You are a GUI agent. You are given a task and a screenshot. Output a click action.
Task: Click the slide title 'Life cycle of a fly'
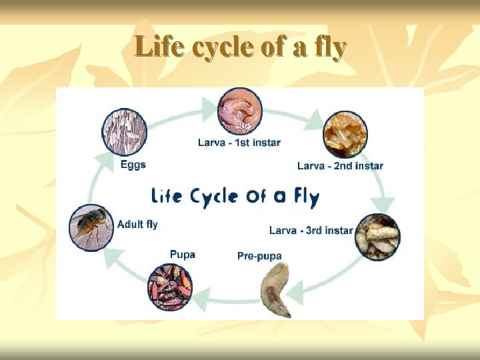pos(240,48)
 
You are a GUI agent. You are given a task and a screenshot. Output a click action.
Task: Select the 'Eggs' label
pos(133,165)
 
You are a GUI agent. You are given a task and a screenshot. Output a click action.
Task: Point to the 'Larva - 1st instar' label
pos(239,142)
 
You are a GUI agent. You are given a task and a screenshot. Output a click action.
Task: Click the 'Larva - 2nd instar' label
pos(340,165)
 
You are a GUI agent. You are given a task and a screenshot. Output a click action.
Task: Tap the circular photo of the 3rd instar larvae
pos(377,237)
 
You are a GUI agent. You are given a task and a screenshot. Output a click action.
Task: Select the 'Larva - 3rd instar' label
pos(311,230)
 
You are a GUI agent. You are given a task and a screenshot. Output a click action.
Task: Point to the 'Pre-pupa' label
pos(259,256)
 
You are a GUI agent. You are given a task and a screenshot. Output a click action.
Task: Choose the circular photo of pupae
pos(169,287)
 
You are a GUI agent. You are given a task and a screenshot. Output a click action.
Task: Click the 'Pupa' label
pos(182,254)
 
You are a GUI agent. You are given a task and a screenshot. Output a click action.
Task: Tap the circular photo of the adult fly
pos(92,227)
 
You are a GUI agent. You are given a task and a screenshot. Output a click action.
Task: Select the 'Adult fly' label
pos(137,225)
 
